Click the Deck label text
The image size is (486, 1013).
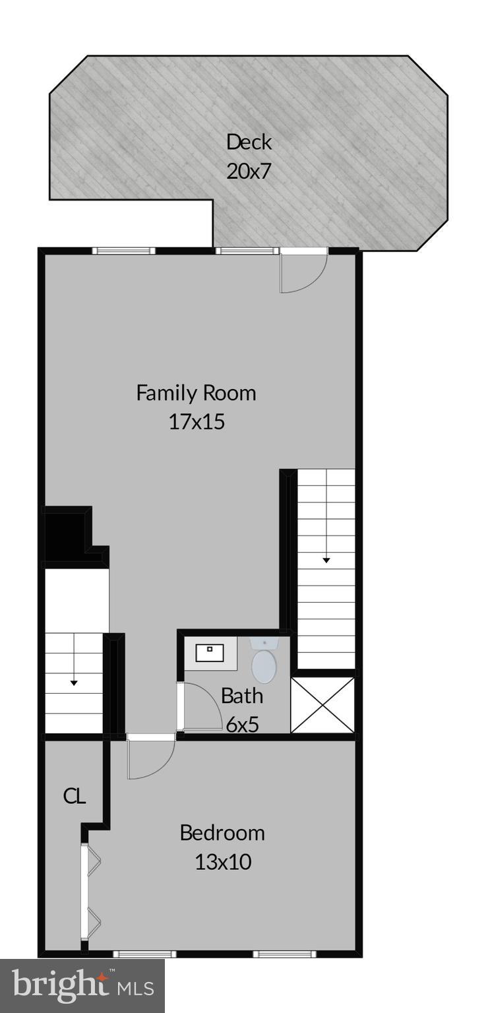click(x=249, y=142)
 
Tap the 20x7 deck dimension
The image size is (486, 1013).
click(x=249, y=171)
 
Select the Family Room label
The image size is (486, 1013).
click(x=196, y=393)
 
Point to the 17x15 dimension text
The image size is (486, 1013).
click(x=197, y=422)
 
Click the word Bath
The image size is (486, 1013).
click(x=241, y=696)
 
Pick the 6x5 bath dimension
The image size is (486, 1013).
click(x=241, y=724)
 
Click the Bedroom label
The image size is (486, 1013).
click(x=222, y=833)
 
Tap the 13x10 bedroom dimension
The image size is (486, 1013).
click(x=223, y=862)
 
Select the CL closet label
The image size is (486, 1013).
click(x=75, y=796)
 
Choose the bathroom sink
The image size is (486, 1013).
click(x=210, y=653)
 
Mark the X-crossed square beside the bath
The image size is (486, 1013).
click(x=322, y=705)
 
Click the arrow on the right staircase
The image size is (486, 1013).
click(x=326, y=560)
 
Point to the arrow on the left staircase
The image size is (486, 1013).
click(x=74, y=683)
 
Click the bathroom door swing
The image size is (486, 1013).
click(x=202, y=706)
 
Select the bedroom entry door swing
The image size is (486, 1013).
click(x=150, y=758)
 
